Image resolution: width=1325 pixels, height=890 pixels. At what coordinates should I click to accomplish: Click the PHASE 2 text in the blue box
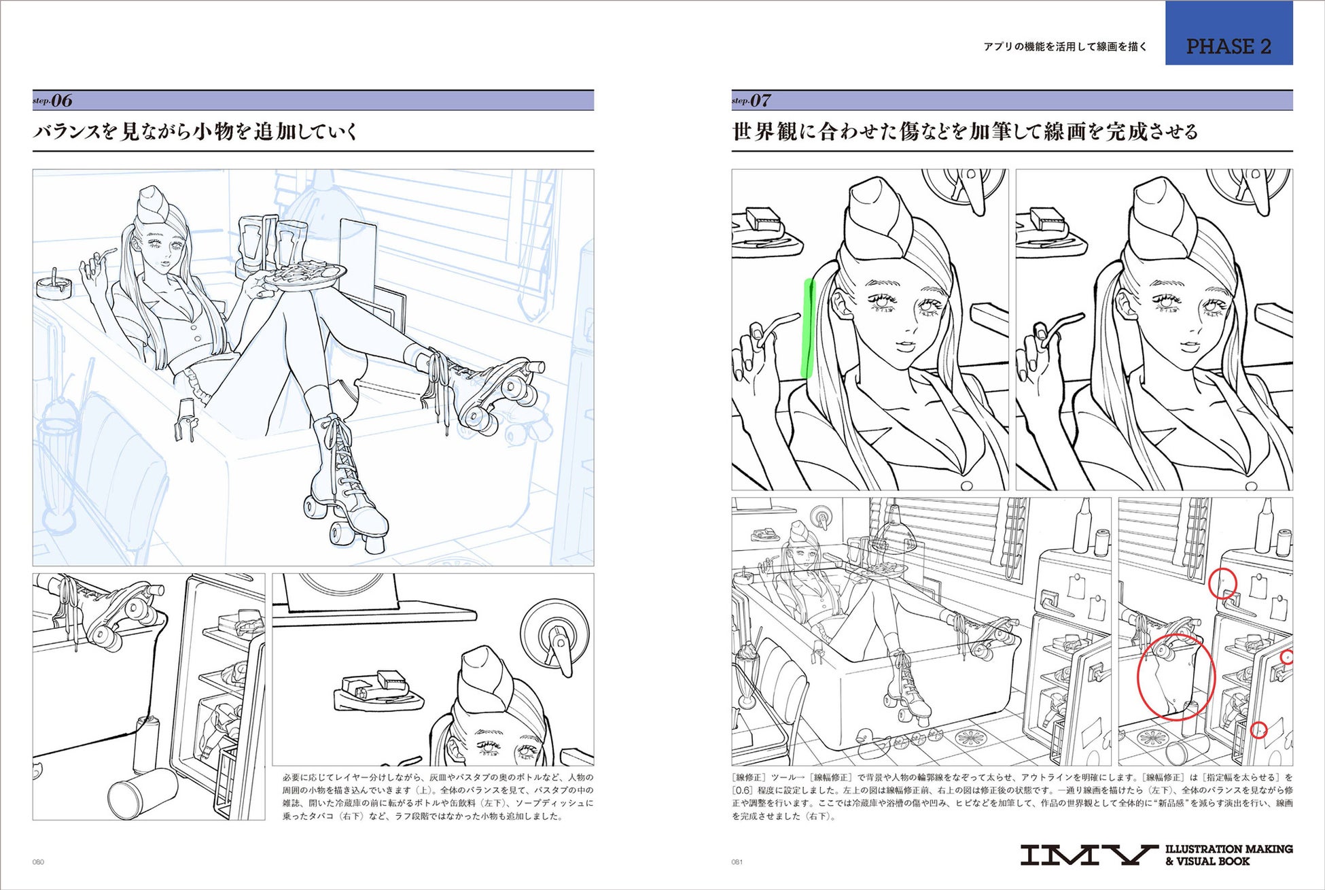1228,46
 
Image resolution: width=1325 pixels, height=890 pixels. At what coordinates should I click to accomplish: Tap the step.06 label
52,101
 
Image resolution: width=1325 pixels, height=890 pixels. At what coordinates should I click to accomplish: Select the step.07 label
751,101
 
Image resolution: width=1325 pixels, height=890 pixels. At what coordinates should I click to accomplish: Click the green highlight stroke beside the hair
807,328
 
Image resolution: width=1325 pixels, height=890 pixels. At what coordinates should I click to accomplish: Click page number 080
38,862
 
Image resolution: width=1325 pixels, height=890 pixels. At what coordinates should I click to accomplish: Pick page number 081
737,862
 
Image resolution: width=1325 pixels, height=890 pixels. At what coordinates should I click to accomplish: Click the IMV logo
1089,855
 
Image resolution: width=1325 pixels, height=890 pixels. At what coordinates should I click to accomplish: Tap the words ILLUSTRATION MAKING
1229,849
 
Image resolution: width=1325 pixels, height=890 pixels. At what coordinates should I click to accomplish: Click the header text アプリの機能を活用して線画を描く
1065,47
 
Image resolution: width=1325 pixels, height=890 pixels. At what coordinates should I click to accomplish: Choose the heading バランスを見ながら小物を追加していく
195,131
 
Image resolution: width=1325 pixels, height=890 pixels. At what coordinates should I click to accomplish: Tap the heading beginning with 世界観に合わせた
965,131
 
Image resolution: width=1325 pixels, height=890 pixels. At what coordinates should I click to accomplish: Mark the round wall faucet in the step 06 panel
553,633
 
